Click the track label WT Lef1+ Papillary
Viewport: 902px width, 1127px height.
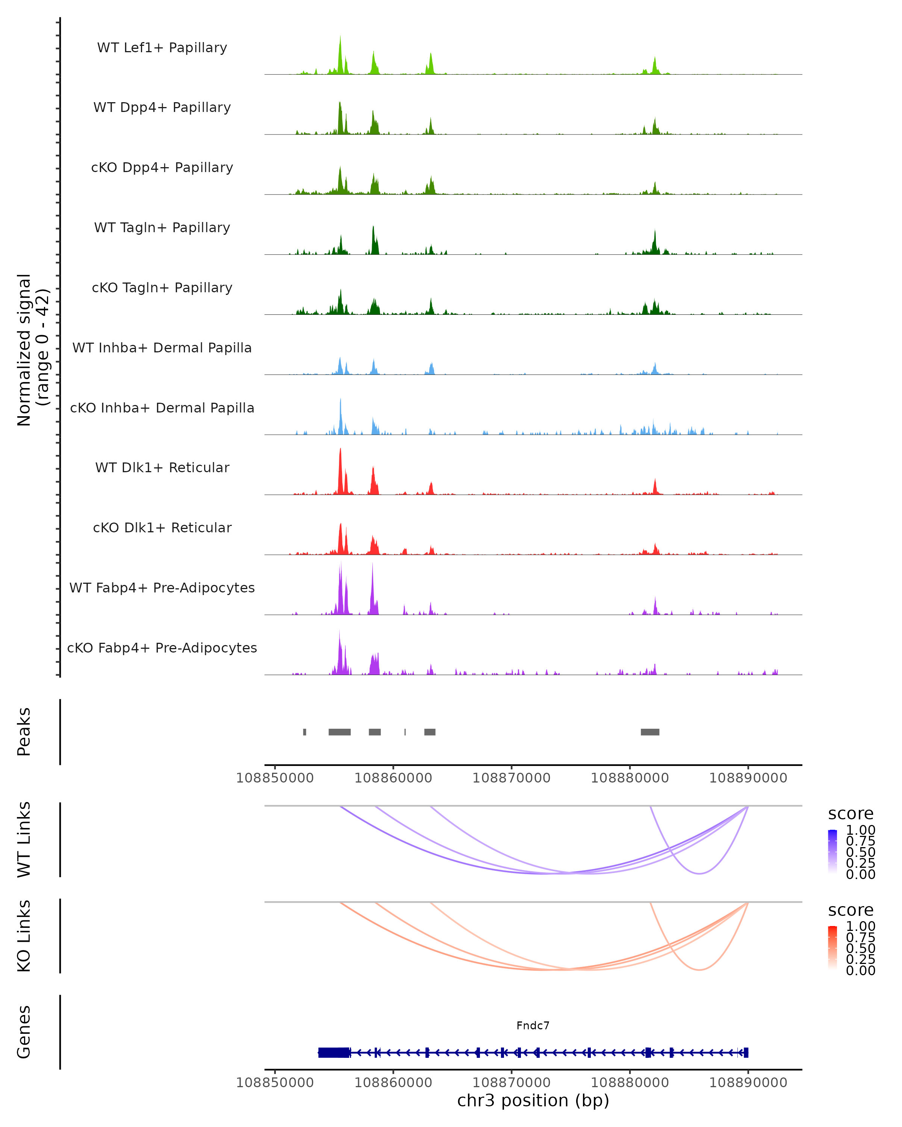coord(162,48)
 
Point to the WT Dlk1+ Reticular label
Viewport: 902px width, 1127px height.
coord(162,467)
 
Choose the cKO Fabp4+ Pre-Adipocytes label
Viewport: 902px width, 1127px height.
coord(162,648)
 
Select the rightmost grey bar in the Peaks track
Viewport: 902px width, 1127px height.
coord(650,732)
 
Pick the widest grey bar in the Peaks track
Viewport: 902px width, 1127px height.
coord(339,732)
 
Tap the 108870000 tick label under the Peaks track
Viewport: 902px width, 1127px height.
coord(512,778)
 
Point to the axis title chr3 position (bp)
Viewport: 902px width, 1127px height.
coord(533,1100)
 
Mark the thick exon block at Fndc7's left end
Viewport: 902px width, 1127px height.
coord(334,1052)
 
